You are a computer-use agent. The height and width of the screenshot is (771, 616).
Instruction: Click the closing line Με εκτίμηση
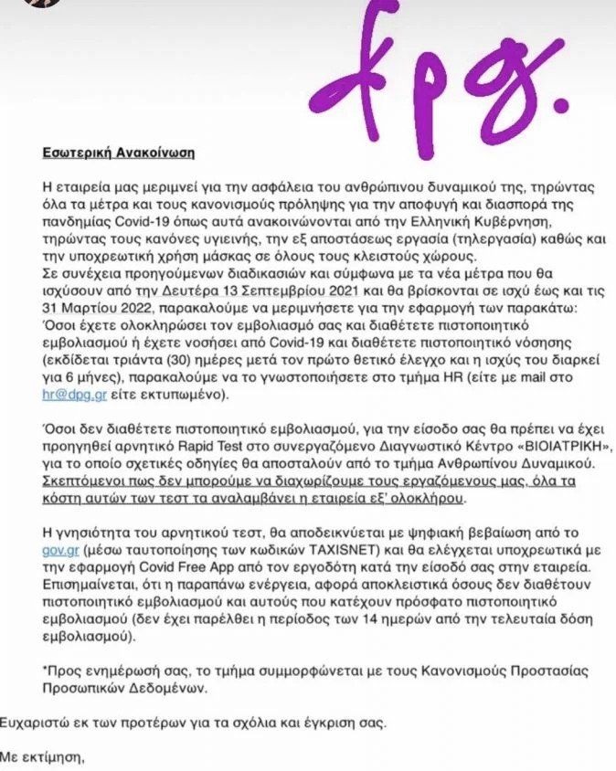point(45,756)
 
